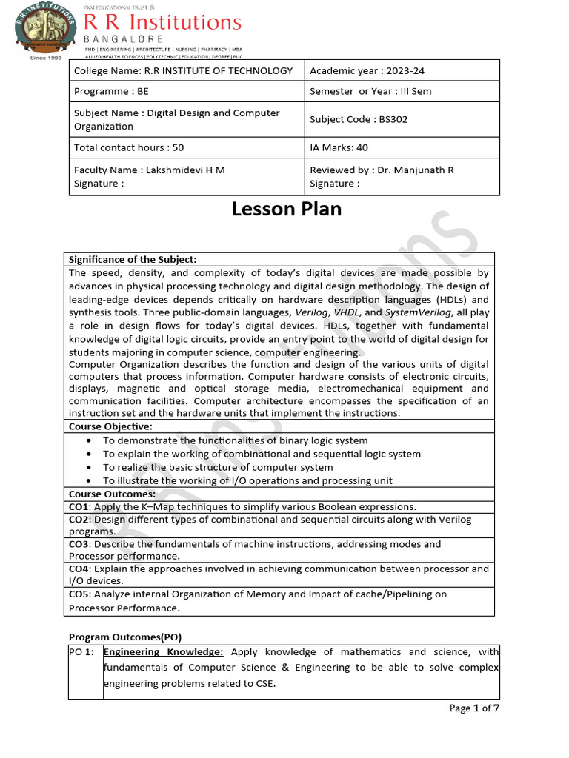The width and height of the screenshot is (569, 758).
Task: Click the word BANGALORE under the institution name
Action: (x=124, y=38)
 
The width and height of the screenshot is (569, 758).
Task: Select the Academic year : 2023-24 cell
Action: (x=367, y=71)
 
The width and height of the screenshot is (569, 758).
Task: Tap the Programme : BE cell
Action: (x=107, y=91)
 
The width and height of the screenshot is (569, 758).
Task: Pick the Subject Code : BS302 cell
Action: (x=359, y=119)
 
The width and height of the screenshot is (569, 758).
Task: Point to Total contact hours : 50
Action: (x=129, y=147)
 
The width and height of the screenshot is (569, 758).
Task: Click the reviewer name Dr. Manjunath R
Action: (x=416, y=170)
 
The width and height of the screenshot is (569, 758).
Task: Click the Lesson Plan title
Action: (x=287, y=209)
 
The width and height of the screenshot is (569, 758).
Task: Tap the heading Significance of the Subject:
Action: (x=133, y=259)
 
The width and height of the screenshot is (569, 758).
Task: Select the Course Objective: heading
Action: (x=110, y=426)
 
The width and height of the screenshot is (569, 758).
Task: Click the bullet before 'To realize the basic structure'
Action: (x=89, y=467)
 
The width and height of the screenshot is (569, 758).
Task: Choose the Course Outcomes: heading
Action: (x=112, y=494)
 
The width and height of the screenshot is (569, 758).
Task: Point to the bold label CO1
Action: (x=79, y=507)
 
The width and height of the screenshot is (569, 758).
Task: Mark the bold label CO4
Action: (x=79, y=569)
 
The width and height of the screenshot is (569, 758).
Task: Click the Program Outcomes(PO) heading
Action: (x=124, y=637)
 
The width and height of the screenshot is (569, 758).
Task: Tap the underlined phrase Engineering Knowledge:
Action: (x=164, y=652)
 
